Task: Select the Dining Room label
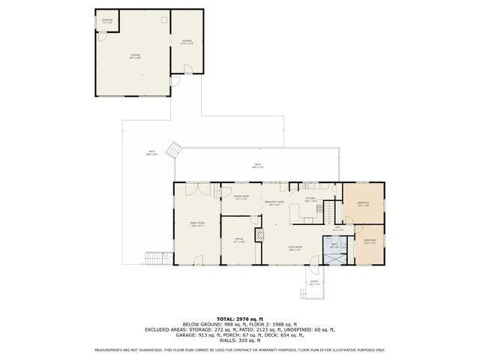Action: (x=241, y=198)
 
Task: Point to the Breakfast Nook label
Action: (x=273, y=203)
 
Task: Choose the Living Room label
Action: (x=295, y=248)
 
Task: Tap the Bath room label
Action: (x=334, y=245)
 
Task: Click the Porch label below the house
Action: (x=314, y=283)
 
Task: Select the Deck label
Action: (x=257, y=166)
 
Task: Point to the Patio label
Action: (x=151, y=154)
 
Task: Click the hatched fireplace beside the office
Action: (x=259, y=235)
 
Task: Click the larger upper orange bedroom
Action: (x=363, y=203)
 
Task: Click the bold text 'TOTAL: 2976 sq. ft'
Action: (x=239, y=319)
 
